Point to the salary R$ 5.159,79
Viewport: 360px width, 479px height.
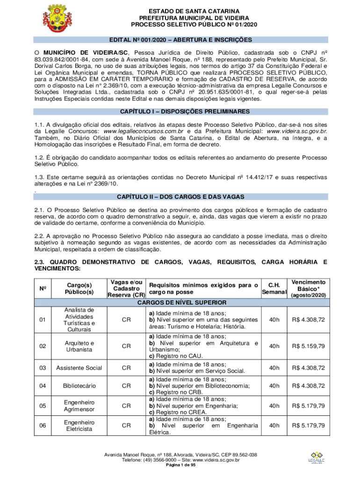click(x=308, y=346)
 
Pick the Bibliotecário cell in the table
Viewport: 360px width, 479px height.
click(x=79, y=386)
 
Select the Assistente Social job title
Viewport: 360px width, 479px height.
click(x=79, y=368)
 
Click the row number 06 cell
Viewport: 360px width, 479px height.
click(x=43, y=426)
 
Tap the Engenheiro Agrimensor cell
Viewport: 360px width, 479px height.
click(x=79, y=406)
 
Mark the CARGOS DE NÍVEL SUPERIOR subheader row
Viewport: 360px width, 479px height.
click(x=181, y=303)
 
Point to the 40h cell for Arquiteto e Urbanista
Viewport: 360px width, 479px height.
click(x=274, y=346)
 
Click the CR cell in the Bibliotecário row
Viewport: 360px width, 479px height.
click(x=126, y=386)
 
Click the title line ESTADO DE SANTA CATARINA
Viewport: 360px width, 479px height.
click(x=194, y=11)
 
